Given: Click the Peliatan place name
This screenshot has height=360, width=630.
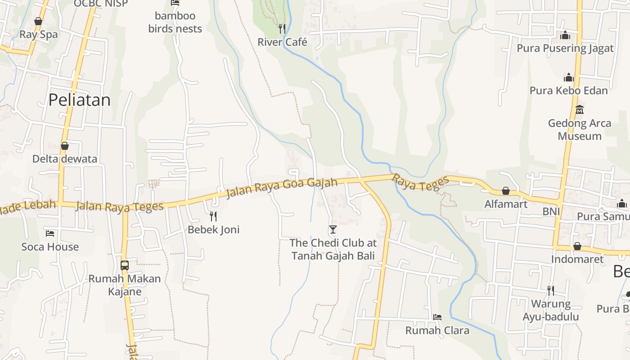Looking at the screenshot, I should pyautogui.click(x=79, y=100).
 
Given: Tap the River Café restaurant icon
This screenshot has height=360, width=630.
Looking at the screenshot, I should pyautogui.click(x=282, y=29).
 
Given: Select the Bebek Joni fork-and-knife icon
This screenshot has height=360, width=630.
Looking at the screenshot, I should pyautogui.click(x=213, y=216).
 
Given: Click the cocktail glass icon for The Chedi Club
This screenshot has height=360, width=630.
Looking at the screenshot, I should pyautogui.click(x=333, y=229).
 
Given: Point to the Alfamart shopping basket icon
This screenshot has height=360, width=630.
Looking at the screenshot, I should pyautogui.click(x=506, y=191).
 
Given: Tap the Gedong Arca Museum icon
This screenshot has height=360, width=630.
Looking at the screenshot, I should pyautogui.click(x=580, y=109).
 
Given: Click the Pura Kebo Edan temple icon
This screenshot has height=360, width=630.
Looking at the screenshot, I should pyautogui.click(x=569, y=77).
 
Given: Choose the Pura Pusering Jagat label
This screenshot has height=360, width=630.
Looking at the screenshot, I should pyautogui.click(x=565, y=48).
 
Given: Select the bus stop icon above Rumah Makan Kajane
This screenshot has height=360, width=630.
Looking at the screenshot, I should pyautogui.click(x=125, y=265).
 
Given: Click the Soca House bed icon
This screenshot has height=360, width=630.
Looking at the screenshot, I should pyautogui.click(x=50, y=234).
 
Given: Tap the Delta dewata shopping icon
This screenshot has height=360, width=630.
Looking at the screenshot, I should pyautogui.click(x=65, y=146).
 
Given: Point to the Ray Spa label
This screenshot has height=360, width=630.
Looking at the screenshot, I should pyautogui.click(x=39, y=35).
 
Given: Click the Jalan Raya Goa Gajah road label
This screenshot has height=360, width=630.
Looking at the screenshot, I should pyautogui.click(x=282, y=187).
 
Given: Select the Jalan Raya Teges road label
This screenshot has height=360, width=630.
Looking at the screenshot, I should pyautogui.click(x=120, y=207).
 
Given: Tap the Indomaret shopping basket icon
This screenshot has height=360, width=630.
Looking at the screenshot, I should pyautogui.click(x=577, y=246).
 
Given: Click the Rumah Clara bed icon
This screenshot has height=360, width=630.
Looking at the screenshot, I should pyautogui.click(x=437, y=317).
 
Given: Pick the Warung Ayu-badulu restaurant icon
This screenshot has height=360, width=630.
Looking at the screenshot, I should pyautogui.click(x=550, y=290).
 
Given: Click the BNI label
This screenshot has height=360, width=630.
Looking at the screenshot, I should pyautogui.click(x=551, y=211).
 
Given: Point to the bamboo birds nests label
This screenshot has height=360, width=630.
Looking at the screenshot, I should pyautogui.click(x=175, y=22).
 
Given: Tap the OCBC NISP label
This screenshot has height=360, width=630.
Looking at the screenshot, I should pyautogui.click(x=101, y=4).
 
